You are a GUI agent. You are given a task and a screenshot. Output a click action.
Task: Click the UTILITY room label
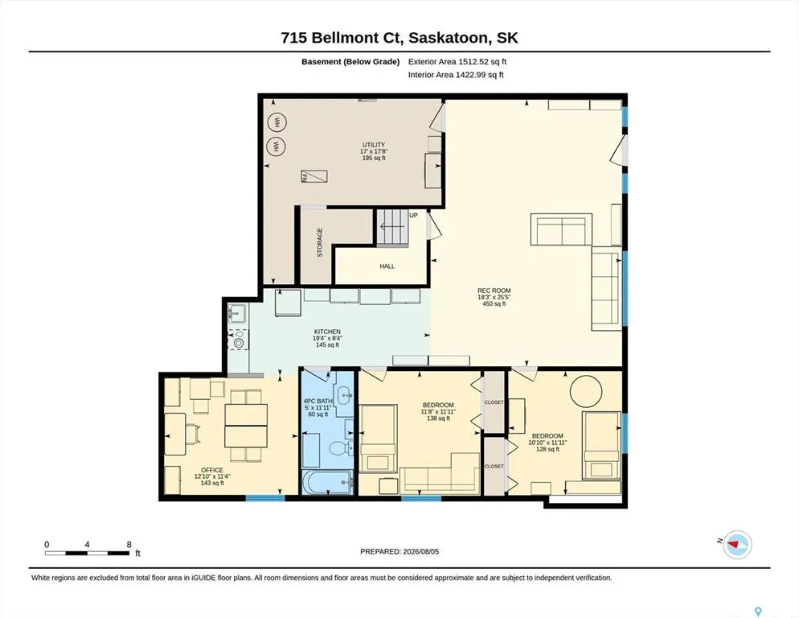pyautogui.click(x=374, y=145)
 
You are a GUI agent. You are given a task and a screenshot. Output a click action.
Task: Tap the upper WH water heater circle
pyautogui.click(x=277, y=122)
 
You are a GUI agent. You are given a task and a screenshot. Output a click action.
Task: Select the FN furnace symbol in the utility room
pyautogui.click(x=313, y=176)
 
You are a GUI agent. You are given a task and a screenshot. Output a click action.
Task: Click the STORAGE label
pyautogui.click(x=319, y=242)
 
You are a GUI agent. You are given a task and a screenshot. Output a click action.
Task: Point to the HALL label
pyautogui.click(x=387, y=266)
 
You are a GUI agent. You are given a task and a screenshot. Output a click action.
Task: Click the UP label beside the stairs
pyautogui.click(x=413, y=216)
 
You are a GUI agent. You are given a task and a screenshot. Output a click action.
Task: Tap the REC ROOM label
pyautogui.click(x=494, y=290)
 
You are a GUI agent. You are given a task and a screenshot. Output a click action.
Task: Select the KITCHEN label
pyautogui.click(x=327, y=332)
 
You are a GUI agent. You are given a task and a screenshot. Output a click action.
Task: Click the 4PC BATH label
pyautogui.click(x=318, y=401)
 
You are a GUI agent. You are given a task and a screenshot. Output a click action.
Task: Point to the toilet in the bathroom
pyautogui.click(x=340, y=448)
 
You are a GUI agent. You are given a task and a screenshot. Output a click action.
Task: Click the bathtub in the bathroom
pyautogui.click(x=328, y=482)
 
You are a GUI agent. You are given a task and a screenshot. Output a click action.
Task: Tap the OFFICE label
pyautogui.click(x=212, y=470)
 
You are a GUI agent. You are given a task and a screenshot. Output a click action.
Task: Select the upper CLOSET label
pyautogui.click(x=494, y=402)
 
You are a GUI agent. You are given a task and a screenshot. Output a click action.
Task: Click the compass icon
pyautogui.click(x=738, y=545)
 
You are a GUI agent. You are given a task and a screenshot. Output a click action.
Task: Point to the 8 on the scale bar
pyautogui.click(x=129, y=545)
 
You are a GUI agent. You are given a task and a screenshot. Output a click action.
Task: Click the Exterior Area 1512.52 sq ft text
pyautogui.click(x=457, y=62)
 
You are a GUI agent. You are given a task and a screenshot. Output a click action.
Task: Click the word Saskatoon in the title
pyautogui.click(x=442, y=38)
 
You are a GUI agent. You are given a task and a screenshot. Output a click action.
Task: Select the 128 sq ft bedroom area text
pyautogui.click(x=547, y=449)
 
